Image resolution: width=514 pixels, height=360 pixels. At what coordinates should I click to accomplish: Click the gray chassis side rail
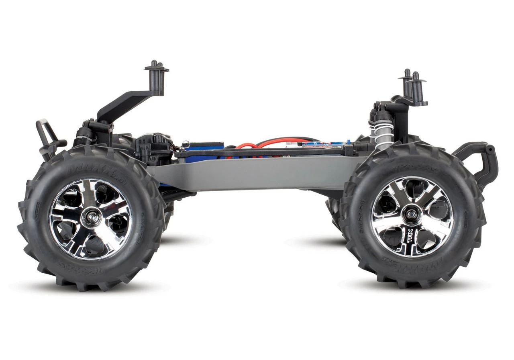point(257,173)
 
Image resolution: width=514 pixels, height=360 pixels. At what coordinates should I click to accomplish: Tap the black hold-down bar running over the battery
point(261,152)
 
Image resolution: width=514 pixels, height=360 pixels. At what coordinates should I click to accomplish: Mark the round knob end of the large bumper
point(489,149)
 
